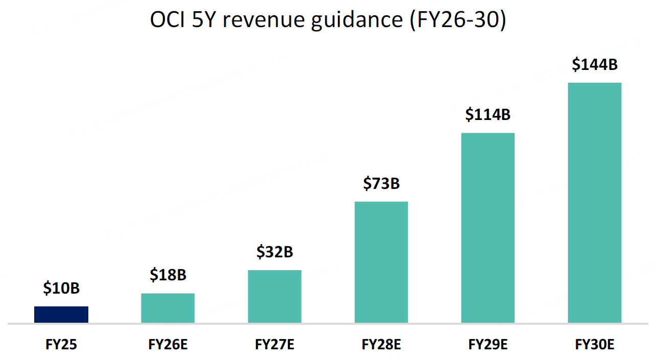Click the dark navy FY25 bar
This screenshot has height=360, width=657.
click(61, 315)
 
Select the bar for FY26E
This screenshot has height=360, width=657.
click(168, 308)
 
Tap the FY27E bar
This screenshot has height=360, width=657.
click(275, 296)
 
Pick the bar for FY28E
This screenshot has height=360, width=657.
click(381, 262)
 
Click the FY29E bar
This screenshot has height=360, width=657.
click(488, 228)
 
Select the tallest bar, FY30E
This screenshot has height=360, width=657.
click(595, 203)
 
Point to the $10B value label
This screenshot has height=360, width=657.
click(61, 289)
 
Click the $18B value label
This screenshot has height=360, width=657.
click(168, 275)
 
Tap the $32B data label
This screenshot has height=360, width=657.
click(275, 252)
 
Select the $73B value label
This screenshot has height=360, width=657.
click(381, 183)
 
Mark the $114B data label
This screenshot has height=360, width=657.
click(488, 115)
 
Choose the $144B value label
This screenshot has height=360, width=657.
click(595, 65)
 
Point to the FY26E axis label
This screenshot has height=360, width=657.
click(168, 345)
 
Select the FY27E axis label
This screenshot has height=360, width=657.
click(275, 345)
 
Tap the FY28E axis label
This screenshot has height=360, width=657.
click(381, 345)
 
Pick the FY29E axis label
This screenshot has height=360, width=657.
click(488, 345)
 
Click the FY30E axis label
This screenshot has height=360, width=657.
click(595, 345)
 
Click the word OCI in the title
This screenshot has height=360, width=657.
click(167, 20)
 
